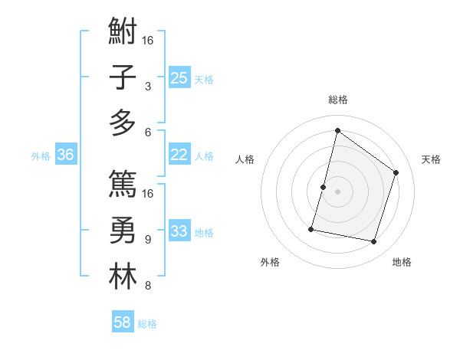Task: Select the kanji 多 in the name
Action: click(x=123, y=123)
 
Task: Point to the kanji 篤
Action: click(x=123, y=184)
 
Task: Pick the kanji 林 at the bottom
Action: click(x=123, y=277)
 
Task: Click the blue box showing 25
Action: click(x=179, y=77)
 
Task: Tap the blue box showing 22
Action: click(x=179, y=155)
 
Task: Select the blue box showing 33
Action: click(x=179, y=231)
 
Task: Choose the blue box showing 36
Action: click(x=66, y=155)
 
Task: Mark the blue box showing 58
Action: click(x=123, y=322)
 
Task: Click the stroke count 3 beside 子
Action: click(x=148, y=87)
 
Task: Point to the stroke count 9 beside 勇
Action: click(x=148, y=240)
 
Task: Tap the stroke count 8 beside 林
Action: click(x=148, y=286)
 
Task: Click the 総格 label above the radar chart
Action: click(x=337, y=100)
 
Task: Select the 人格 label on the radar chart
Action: click(x=245, y=159)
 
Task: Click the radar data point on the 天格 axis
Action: click(x=396, y=172)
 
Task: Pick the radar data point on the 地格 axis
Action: click(x=374, y=242)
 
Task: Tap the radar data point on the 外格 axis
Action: click(x=311, y=228)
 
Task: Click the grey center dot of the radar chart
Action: click(x=337, y=191)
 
